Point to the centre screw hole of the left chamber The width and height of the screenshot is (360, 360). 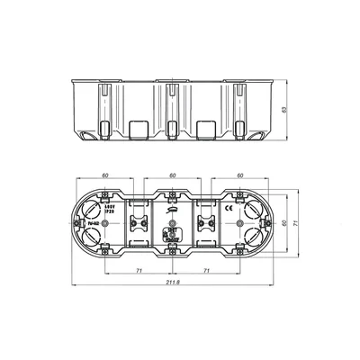click(x=105, y=221)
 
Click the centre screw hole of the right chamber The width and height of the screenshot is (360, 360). click(x=238, y=221)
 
